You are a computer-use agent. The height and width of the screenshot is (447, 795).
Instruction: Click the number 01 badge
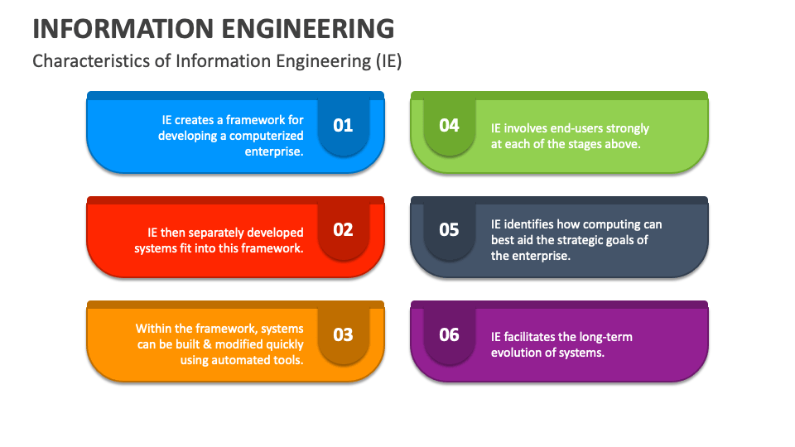343,125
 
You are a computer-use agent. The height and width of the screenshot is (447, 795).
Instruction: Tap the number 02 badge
343,229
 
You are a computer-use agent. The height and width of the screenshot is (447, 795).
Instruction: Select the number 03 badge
343,334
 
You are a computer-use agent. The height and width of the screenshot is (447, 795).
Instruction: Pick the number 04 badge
449,125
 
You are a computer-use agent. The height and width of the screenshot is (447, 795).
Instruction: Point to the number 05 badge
449,229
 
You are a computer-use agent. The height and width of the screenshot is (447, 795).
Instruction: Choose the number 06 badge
449,334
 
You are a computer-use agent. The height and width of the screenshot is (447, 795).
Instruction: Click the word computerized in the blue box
267,136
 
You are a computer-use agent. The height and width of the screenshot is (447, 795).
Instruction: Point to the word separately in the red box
229,233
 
